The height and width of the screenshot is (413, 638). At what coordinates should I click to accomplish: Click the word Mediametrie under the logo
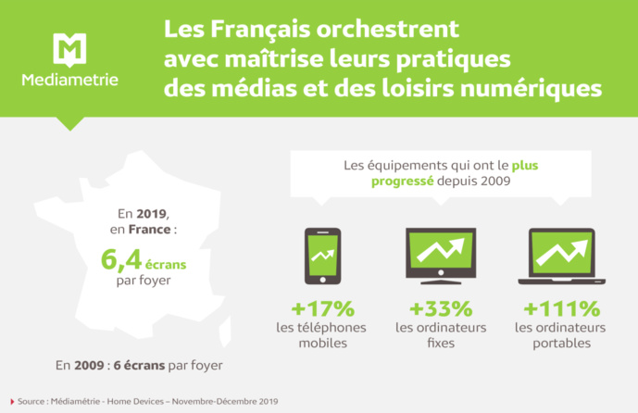(70, 81)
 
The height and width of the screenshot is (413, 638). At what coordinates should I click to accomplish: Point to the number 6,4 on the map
(120, 260)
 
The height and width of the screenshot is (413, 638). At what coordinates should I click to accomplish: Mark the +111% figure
(561, 308)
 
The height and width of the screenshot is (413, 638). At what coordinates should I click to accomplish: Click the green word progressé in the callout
(403, 181)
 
